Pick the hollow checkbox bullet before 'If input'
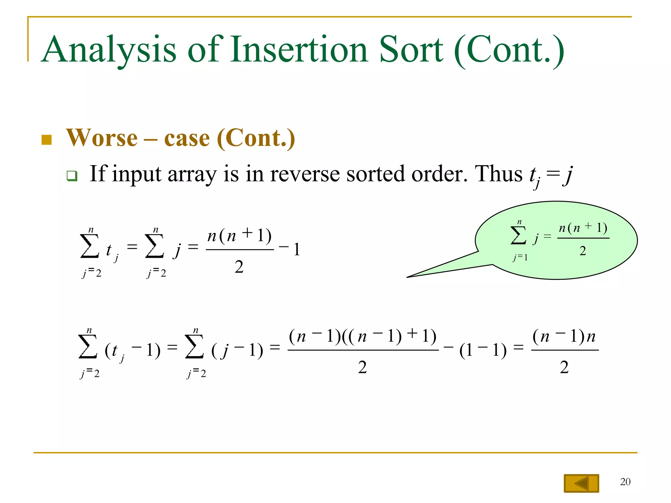coord(72,176)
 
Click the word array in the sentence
coord(192,174)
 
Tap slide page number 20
coord(625,482)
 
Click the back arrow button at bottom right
coord(581,483)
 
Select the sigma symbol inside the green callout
coord(518,236)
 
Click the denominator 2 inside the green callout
coord(583,251)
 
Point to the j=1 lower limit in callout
coord(520,258)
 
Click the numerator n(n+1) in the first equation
coord(240,236)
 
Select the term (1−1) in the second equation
coord(483,350)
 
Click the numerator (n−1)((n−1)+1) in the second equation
coord(363,336)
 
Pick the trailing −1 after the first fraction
coord(290,249)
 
